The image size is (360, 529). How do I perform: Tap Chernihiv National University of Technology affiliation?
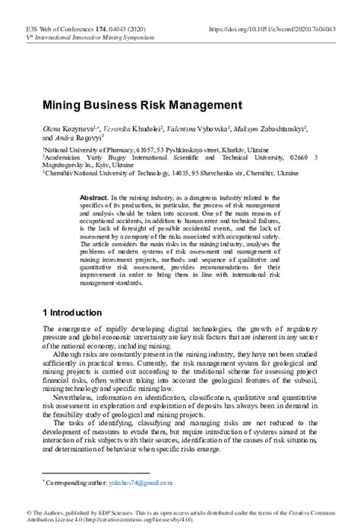click(103, 173)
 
